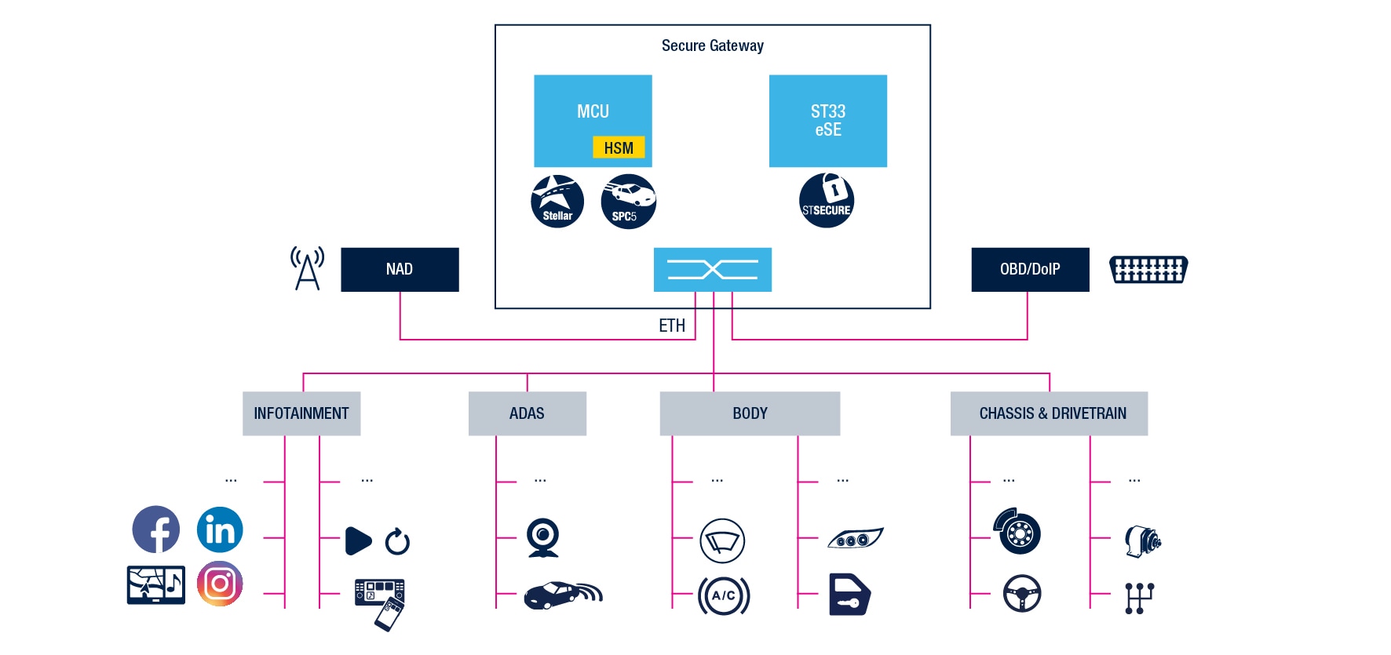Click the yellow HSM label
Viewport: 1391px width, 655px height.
619,147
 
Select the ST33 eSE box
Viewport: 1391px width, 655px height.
827,121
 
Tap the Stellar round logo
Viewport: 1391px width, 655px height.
557,202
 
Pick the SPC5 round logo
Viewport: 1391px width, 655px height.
628,202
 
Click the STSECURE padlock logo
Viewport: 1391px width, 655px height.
827,201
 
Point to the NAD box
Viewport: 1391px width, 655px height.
400,270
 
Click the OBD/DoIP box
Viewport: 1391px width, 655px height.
1030,270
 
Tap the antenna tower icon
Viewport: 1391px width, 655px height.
307,268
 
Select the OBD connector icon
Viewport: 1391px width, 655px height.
1148,269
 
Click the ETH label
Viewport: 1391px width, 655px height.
672,326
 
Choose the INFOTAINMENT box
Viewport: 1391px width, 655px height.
301,413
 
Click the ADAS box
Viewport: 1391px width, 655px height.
527,413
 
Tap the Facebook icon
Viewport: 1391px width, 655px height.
156,529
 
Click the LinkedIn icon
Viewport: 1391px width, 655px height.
220,529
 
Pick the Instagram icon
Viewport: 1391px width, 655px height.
220,584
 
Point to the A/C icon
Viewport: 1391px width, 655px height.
724,595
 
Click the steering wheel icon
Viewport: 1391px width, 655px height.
1022,594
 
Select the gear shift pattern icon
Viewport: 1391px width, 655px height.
1139,598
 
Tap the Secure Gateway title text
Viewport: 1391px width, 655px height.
712,45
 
